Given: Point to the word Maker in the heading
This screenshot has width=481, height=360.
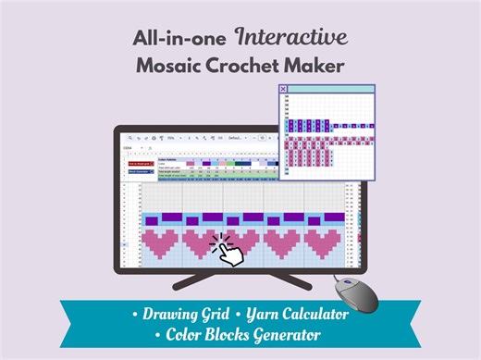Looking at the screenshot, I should [x=310, y=66].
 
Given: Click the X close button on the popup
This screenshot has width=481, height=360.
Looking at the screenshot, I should [x=283, y=89].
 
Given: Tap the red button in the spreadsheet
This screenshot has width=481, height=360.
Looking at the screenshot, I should [x=141, y=163].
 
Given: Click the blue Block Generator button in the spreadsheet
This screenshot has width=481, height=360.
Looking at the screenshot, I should [x=141, y=171].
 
